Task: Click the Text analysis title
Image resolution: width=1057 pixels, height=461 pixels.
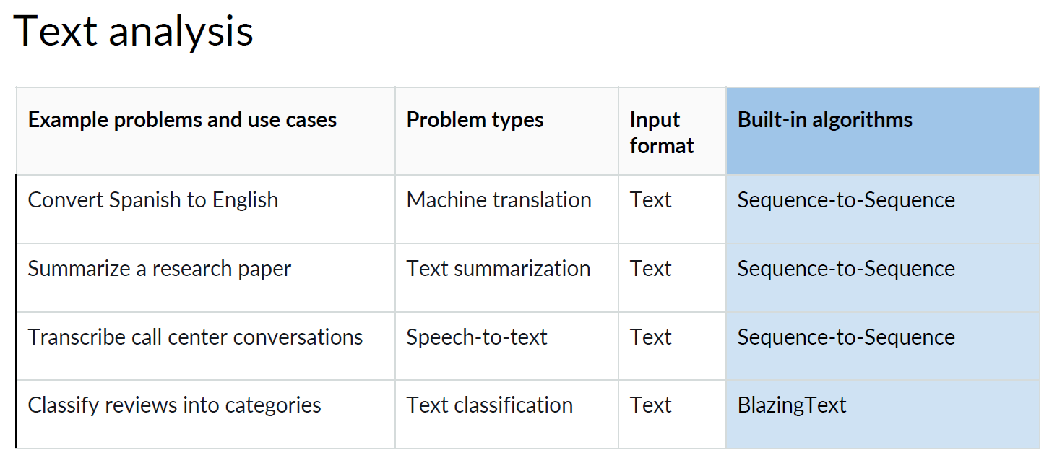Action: click(134, 31)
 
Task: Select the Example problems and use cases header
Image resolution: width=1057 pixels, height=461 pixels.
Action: click(182, 120)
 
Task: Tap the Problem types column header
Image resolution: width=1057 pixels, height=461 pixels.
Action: click(475, 120)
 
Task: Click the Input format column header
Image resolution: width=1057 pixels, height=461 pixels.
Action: click(662, 133)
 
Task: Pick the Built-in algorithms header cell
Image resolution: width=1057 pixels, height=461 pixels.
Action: click(824, 120)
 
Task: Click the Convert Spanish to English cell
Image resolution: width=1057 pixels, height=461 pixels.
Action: click(152, 200)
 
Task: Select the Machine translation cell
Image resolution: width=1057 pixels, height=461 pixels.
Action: click(499, 200)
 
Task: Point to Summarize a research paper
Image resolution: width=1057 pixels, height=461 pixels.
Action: click(159, 269)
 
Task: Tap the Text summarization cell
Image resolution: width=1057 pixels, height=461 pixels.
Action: click(498, 269)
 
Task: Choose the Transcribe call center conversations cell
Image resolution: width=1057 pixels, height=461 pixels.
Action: click(195, 337)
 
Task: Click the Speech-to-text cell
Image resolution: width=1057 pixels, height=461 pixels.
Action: click(476, 337)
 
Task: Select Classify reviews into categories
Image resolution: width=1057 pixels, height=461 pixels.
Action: click(174, 405)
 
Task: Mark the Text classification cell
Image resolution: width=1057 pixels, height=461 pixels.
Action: click(489, 405)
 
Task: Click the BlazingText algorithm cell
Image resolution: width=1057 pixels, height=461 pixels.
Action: click(791, 405)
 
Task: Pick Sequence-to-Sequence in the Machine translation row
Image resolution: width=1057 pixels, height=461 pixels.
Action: click(845, 200)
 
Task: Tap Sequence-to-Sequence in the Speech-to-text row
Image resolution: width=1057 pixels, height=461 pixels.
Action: click(845, 337)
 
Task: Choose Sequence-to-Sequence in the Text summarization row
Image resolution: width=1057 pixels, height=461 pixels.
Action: click(845, 269)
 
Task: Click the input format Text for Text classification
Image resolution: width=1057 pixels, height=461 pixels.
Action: click(650, 405)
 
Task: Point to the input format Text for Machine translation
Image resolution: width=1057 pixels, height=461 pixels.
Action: click(650, 200)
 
